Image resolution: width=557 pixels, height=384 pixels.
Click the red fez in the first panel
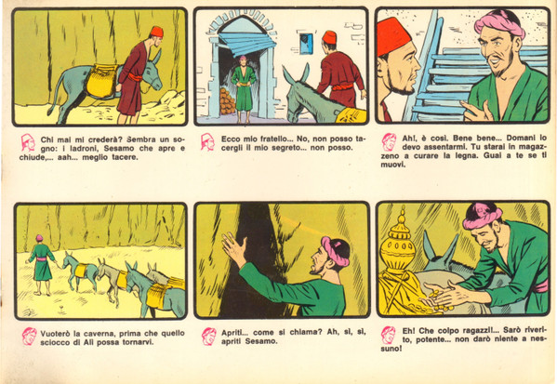(x=156, y=32)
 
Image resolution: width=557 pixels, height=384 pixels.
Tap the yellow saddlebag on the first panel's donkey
(x=101, y=81)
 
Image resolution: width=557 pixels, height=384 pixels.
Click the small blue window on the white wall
(x=306, y=44)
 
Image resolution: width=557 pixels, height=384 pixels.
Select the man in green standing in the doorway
(x=244, y=88)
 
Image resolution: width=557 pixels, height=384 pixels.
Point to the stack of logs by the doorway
(x=227, y=101)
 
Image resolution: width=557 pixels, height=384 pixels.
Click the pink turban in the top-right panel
(x=499, y=22)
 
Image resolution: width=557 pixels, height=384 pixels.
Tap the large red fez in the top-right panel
(x=393, y=35)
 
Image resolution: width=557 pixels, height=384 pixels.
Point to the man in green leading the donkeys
(x=41, y=264)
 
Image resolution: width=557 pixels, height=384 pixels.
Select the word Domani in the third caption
(x=521, y=138)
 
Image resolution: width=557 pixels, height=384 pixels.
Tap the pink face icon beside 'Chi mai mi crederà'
(x=27, y=142)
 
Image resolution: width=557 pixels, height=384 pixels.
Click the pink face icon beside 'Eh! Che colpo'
(x=389, y=335)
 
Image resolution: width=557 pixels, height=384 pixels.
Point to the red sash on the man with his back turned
(x=341, y=86)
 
